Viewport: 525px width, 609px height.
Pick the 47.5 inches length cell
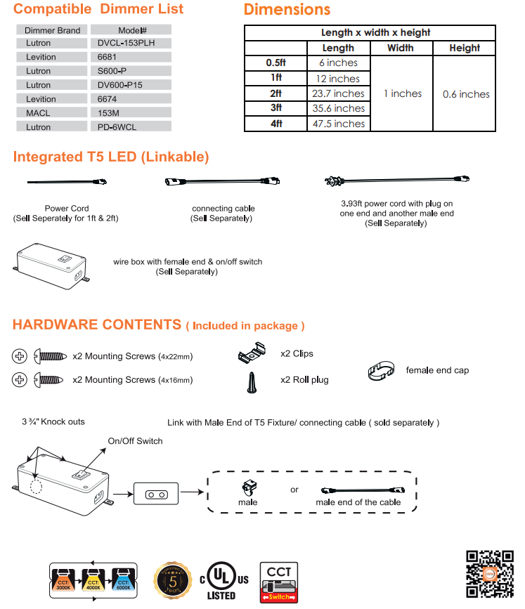338,124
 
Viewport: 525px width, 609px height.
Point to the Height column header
465,48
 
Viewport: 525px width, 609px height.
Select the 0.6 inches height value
466,94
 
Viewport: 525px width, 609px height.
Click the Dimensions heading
287,10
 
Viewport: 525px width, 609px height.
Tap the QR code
491,573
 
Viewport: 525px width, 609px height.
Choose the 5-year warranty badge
174,579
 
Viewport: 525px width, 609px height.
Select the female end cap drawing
382,371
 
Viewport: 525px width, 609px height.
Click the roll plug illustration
250,382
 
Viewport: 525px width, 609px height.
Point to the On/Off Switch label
135,441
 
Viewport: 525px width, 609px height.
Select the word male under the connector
247,502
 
